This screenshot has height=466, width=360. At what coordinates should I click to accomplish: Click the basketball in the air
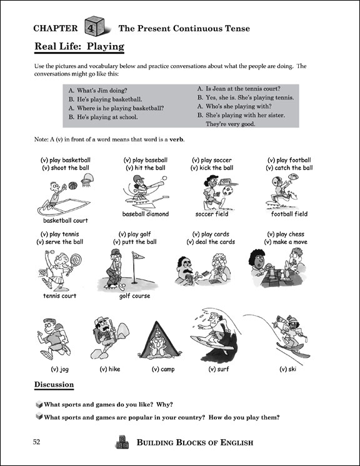72,186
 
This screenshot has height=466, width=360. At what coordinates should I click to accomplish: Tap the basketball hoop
87,180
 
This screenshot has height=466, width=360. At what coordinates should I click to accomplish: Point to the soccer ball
228,191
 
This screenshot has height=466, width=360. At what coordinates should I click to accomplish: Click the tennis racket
74,263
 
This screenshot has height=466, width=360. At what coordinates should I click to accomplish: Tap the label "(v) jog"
60,369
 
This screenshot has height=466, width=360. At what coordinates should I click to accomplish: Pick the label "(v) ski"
288,369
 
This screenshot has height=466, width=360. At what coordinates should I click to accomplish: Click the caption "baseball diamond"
146,214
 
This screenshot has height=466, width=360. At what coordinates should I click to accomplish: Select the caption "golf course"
134,296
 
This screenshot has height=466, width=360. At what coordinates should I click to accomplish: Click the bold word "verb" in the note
176,139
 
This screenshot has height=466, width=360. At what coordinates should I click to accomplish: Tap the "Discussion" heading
54,385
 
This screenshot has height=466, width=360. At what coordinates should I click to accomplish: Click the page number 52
36,442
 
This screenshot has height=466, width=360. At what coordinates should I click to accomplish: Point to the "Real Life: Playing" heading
79,46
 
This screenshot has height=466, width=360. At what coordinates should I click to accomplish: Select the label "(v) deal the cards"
211,242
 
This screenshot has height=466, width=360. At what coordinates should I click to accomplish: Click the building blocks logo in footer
122,442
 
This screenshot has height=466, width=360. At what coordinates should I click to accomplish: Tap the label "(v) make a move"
286,242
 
